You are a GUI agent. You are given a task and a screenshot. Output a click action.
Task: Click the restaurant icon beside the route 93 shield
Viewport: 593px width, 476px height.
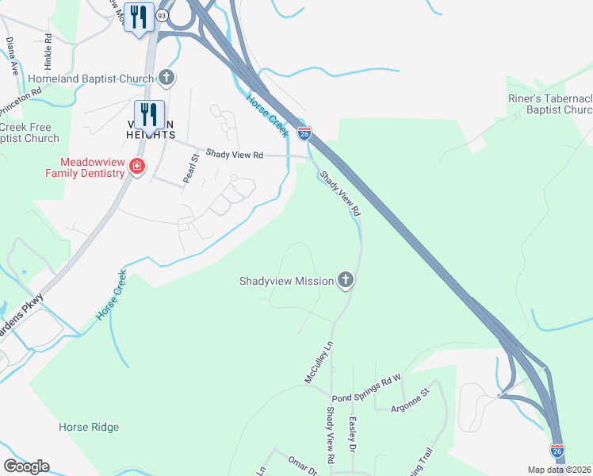click(x=140, y=17)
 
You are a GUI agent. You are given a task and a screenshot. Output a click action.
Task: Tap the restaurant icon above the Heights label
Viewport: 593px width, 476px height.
click(x=148, y=114)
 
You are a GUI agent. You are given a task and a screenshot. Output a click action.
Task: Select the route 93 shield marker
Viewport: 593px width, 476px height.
click(x=162, y=15)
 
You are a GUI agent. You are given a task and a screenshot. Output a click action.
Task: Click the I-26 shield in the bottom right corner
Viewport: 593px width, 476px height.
click(x=557, y=450)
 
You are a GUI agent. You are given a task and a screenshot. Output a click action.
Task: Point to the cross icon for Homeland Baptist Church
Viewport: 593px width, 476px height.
click(x=166, y=78)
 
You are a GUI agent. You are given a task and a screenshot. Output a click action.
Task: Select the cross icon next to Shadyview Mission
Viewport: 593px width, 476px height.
click(x=345, y=279)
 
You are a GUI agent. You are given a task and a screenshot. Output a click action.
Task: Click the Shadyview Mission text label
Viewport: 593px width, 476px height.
click(x=285, y=281)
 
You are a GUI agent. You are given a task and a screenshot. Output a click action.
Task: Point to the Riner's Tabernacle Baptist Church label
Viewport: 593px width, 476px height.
click(x=550, y=105)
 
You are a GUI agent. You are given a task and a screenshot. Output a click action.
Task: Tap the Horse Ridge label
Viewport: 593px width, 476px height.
click(x=89, y=427)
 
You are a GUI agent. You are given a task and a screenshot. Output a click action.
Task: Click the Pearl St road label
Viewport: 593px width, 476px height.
click(x=189, y=169)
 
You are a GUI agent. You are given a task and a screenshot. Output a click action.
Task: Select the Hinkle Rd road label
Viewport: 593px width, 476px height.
click(x=48, y=49)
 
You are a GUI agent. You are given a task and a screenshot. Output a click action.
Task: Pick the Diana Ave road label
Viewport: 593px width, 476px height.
click(x=13, y=56)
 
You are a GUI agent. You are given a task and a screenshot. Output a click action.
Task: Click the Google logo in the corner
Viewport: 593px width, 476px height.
click(x=26, y=466)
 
